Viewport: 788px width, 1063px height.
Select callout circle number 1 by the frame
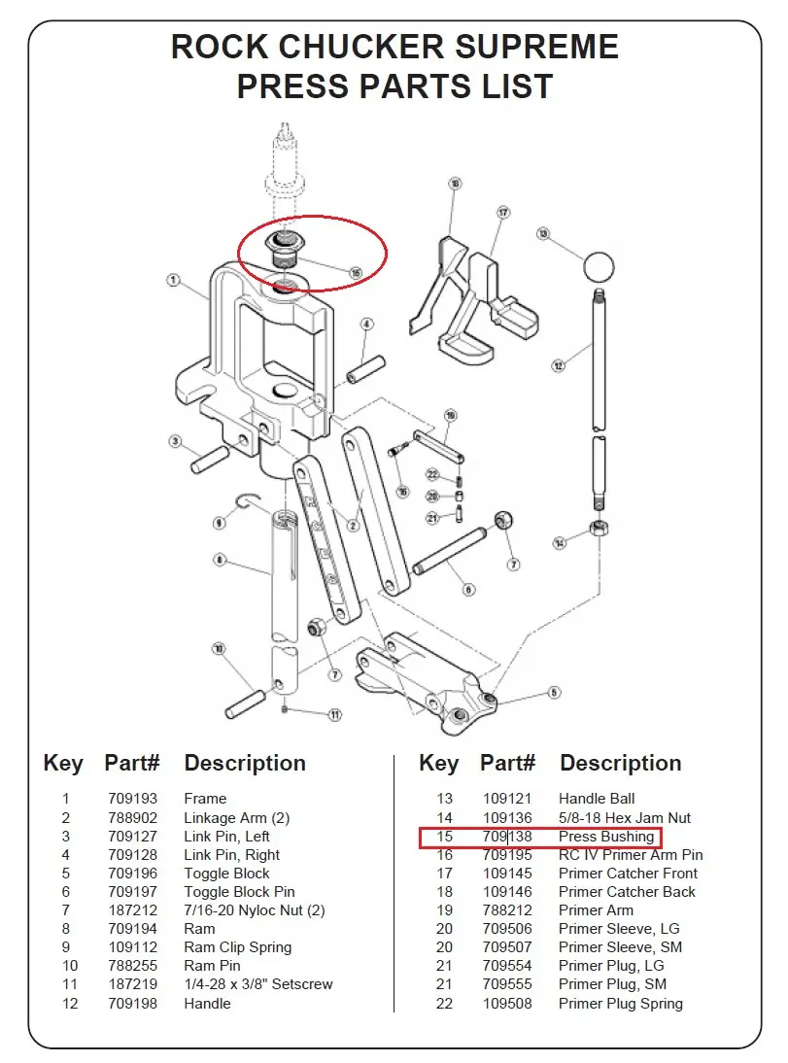[173, 281]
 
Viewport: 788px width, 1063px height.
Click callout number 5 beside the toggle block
[555, 693]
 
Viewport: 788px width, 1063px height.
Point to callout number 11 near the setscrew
[334, 715]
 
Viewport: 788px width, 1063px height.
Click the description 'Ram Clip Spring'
[237, 947]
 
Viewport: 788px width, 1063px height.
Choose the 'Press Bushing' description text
[606, 837]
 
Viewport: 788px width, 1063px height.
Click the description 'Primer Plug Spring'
[620, 1004]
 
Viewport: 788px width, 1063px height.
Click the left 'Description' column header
[245, 764]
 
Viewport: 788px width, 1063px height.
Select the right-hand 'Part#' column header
[507, 764]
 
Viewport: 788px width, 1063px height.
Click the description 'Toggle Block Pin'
[239, 892]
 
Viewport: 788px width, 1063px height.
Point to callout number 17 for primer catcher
[503, 212]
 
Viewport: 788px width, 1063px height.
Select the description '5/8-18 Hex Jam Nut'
[625, 818]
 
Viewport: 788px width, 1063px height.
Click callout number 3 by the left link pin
[175, 442]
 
